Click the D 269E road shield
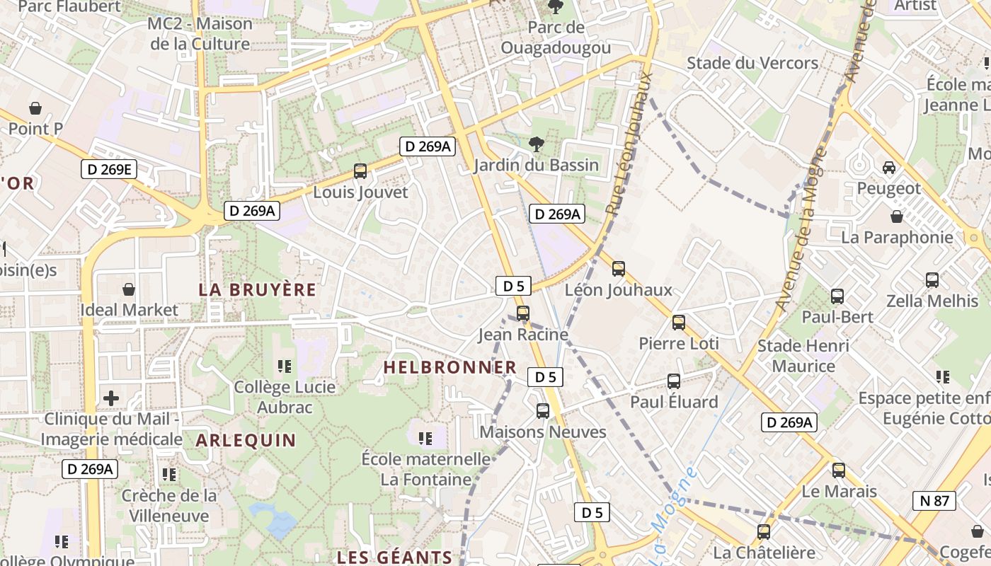tap(108, 169)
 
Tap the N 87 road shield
tap(934, 501)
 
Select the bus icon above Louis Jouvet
tap(360, 171)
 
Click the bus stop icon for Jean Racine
tap(522, 313)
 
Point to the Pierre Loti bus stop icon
tap(679, 323)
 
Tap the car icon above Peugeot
tap(889, 168)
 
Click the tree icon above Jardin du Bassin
tap(537, 144)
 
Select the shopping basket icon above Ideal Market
tap(129, 289)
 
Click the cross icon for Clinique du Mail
tap(111, 398)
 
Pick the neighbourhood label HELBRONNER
tap(450, 367)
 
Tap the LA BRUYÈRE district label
tap(258, 290)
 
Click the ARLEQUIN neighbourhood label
tap(246, 440)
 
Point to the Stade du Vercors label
tap(752, 63)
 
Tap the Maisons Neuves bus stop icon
tap(543, 410)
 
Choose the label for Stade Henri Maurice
tap(803, 356)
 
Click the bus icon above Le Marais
tap(839, 470)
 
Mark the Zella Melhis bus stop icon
tap(932, 280)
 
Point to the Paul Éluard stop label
tap(674, 402)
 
